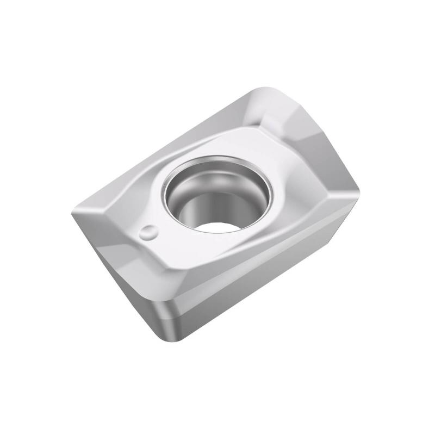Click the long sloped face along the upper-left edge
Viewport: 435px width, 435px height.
[163, 147]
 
